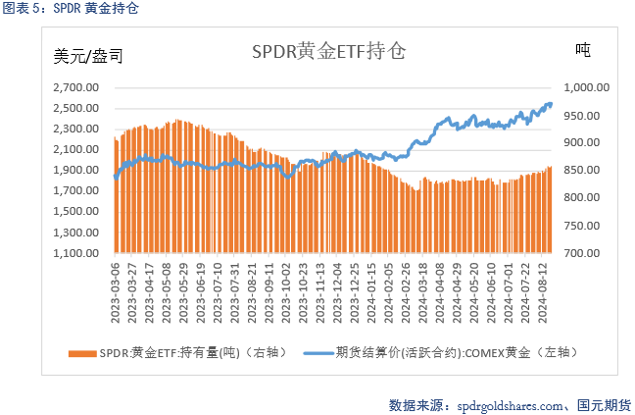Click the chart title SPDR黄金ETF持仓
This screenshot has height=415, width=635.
coord(328,50)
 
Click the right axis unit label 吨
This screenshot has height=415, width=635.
coord(582,49)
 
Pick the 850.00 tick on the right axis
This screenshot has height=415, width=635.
coord(588,170)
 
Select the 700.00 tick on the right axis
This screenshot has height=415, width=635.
coord(588,253)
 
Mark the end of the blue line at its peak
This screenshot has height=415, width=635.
coord(550,103)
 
